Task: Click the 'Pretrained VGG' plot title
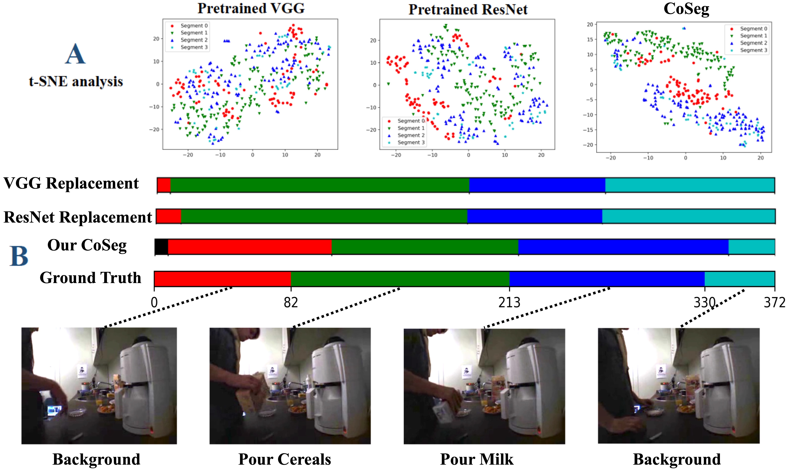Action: click(x=251, y=9)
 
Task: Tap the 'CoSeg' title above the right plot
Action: click(x=686, y=9)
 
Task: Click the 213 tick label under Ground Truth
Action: click(x=509, y=302)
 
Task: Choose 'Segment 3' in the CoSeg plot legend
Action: click(x=753, y=50)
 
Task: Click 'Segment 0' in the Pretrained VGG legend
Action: click(x=194, y=26)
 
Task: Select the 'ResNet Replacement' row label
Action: click(x=78, y=217)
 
